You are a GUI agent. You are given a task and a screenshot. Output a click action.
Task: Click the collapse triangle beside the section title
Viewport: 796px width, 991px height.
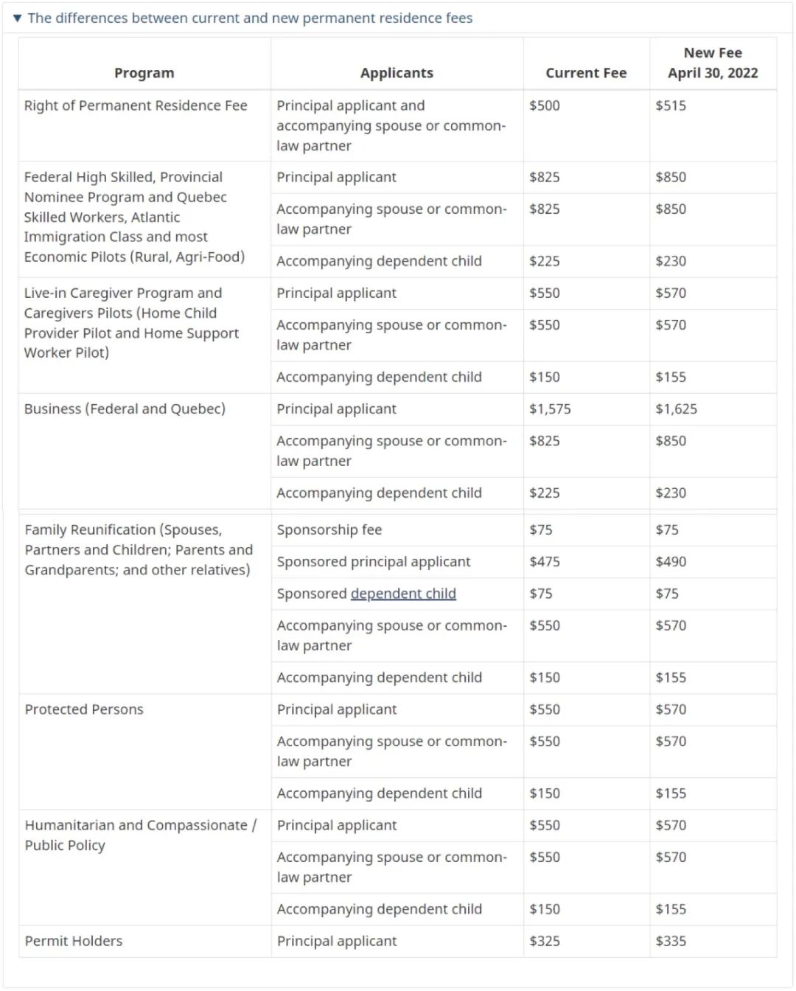pos(17,18)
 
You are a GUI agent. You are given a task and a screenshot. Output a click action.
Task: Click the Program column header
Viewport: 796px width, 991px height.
pos(144,73)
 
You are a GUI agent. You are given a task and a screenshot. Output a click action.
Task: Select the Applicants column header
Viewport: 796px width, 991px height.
pos(397,73)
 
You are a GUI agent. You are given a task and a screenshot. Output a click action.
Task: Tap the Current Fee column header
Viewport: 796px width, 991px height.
pos(586,73)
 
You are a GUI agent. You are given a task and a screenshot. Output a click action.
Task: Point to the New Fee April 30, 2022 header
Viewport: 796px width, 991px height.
pos(713,63)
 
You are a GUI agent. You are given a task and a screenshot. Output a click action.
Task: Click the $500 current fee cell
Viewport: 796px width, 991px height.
pos(545,105)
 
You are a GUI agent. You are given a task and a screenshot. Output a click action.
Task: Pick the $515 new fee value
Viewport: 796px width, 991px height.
pos(671,105)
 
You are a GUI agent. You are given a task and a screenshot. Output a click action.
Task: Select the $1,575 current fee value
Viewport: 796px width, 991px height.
pos(550,409)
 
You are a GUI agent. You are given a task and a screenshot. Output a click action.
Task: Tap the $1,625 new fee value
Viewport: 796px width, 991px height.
pos(676,409)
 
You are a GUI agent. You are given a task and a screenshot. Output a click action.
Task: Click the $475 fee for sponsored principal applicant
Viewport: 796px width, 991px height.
pos(545,562)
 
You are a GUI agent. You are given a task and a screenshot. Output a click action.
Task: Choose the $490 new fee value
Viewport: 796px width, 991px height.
pos(671,562)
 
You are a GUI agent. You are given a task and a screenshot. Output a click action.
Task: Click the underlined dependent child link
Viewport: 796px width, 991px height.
pos(403,594)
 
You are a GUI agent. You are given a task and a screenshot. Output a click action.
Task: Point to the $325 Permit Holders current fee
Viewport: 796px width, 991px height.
pos(545,941)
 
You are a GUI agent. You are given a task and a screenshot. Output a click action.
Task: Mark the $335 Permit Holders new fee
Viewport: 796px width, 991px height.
pos(671,941)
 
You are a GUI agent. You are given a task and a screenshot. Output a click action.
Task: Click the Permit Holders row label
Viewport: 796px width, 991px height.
pos(74,941)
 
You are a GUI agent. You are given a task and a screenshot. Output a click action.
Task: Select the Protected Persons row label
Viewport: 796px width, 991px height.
pos(84,709)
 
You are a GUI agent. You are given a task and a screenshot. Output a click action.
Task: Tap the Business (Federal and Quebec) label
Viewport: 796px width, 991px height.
pos(125,409)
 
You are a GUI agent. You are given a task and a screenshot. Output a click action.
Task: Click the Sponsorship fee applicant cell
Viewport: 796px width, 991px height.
pos(329,530)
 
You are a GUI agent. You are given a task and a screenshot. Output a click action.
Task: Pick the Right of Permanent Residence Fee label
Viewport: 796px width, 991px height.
pos(136,105)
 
